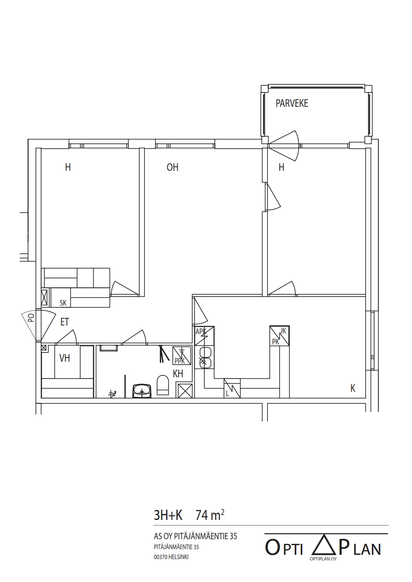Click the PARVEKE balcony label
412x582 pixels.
tap(292, 103)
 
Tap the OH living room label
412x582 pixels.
tap(172, 167)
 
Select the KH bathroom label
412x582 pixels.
tap(178, 374)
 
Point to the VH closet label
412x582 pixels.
tap(64, 358)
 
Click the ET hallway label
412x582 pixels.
tap(65, 322)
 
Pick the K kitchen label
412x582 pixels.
tap(353, 388)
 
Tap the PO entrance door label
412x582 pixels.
tap(31, 318)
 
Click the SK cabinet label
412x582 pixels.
tap(63, 303)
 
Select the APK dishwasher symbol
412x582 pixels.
tap(204, 336)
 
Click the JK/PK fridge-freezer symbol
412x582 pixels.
tap(279, 336)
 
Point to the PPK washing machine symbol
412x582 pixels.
tap(182, 356)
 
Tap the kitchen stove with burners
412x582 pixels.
tap(205, 357)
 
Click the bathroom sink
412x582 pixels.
tap(142, 391)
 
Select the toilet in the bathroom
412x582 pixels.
tap(162, 385)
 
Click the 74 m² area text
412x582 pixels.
tap(210, 515)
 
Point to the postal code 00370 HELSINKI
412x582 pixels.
tap(171, 557)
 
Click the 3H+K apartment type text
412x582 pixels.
tap(168, 515)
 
